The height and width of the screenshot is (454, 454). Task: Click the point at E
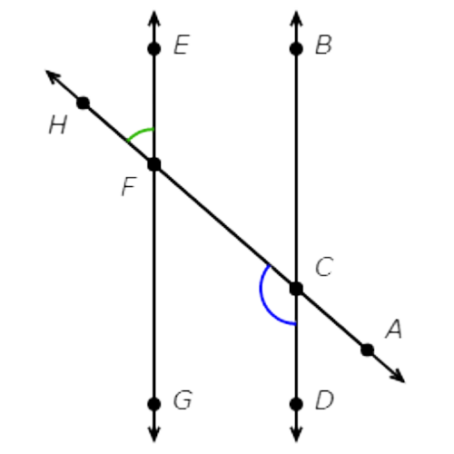(154, 49)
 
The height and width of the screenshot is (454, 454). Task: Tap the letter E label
(182, 44)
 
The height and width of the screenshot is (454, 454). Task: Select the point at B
(296, 49)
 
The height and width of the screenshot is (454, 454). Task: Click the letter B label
(323, 44)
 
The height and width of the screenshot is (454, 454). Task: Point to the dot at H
(84, 103)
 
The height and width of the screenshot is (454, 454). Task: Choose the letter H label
(57, 125)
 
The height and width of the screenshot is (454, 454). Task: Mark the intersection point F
(154, 164)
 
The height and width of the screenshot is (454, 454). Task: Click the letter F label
(129, 186)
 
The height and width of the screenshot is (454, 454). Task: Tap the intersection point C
(296, 289)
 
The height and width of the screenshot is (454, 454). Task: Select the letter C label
(324, 267)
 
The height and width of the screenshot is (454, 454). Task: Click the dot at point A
(368, 350)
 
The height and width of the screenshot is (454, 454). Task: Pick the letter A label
(394, 329)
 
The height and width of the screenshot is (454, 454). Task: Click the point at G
(154, 404)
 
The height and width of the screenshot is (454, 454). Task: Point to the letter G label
(183, 400)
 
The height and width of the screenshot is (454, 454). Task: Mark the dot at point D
(296, 404)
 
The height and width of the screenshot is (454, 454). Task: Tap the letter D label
(324, 400)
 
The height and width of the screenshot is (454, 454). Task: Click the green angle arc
(139, 133)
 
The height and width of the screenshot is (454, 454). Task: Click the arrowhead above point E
(154, 19)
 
